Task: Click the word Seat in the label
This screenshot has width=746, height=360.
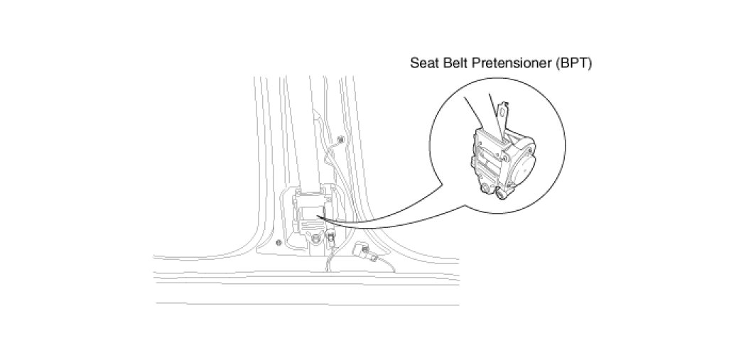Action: tap(423, 62)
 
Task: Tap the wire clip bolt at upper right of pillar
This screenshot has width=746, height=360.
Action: tap(341, 140)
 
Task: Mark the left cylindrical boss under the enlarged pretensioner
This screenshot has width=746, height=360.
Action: tap(486, 187)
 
